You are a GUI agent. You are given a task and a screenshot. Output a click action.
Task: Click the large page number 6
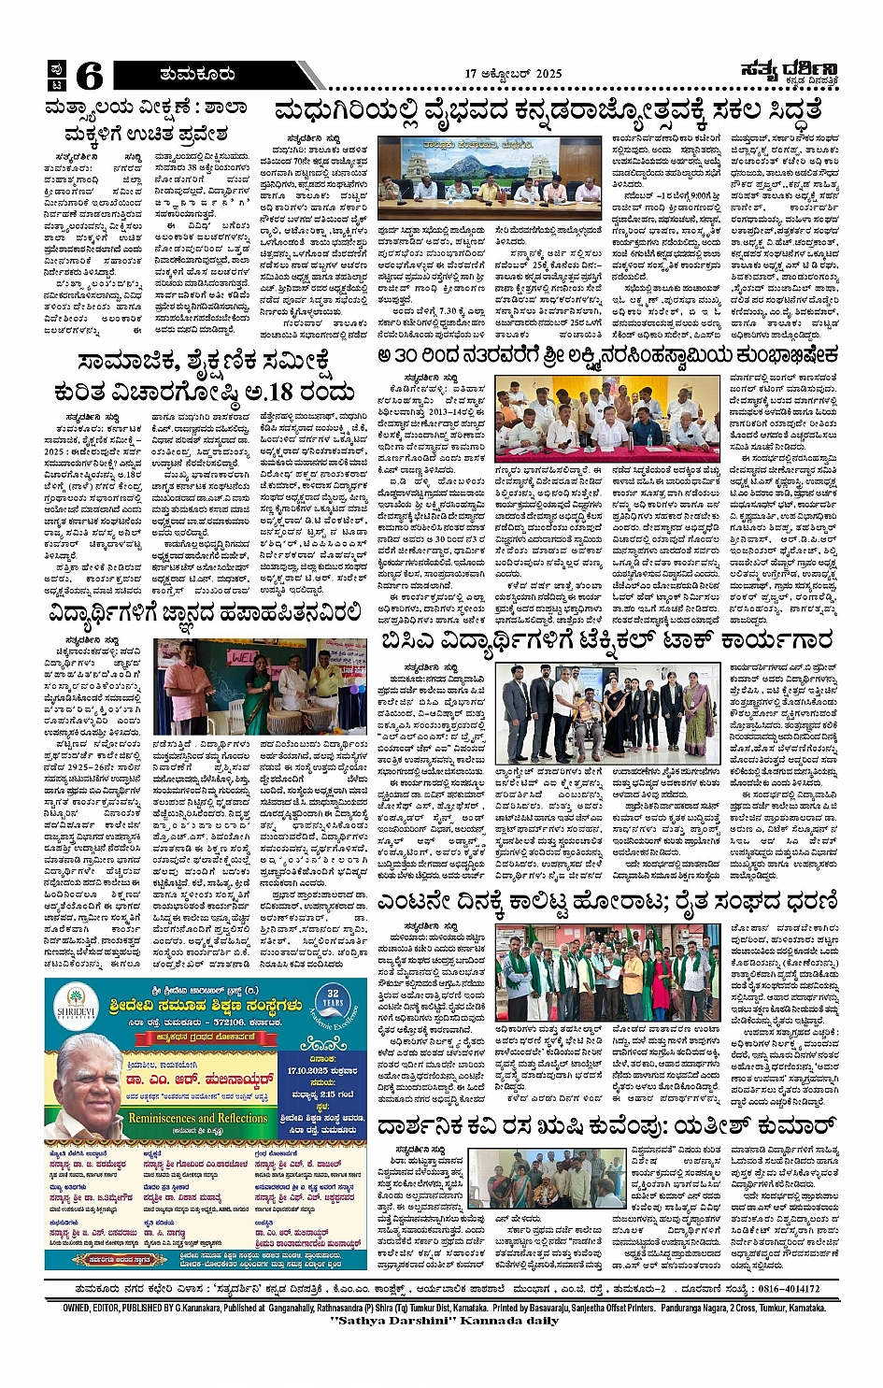click(x=90, y=75)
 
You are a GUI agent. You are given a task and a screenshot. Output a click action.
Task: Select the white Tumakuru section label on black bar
click(x=196, y=74)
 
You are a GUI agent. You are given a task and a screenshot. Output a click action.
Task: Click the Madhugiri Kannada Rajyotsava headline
click(x=548, y=111)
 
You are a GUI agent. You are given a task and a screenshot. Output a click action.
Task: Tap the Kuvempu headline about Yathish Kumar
click(x=606, y=1125)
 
